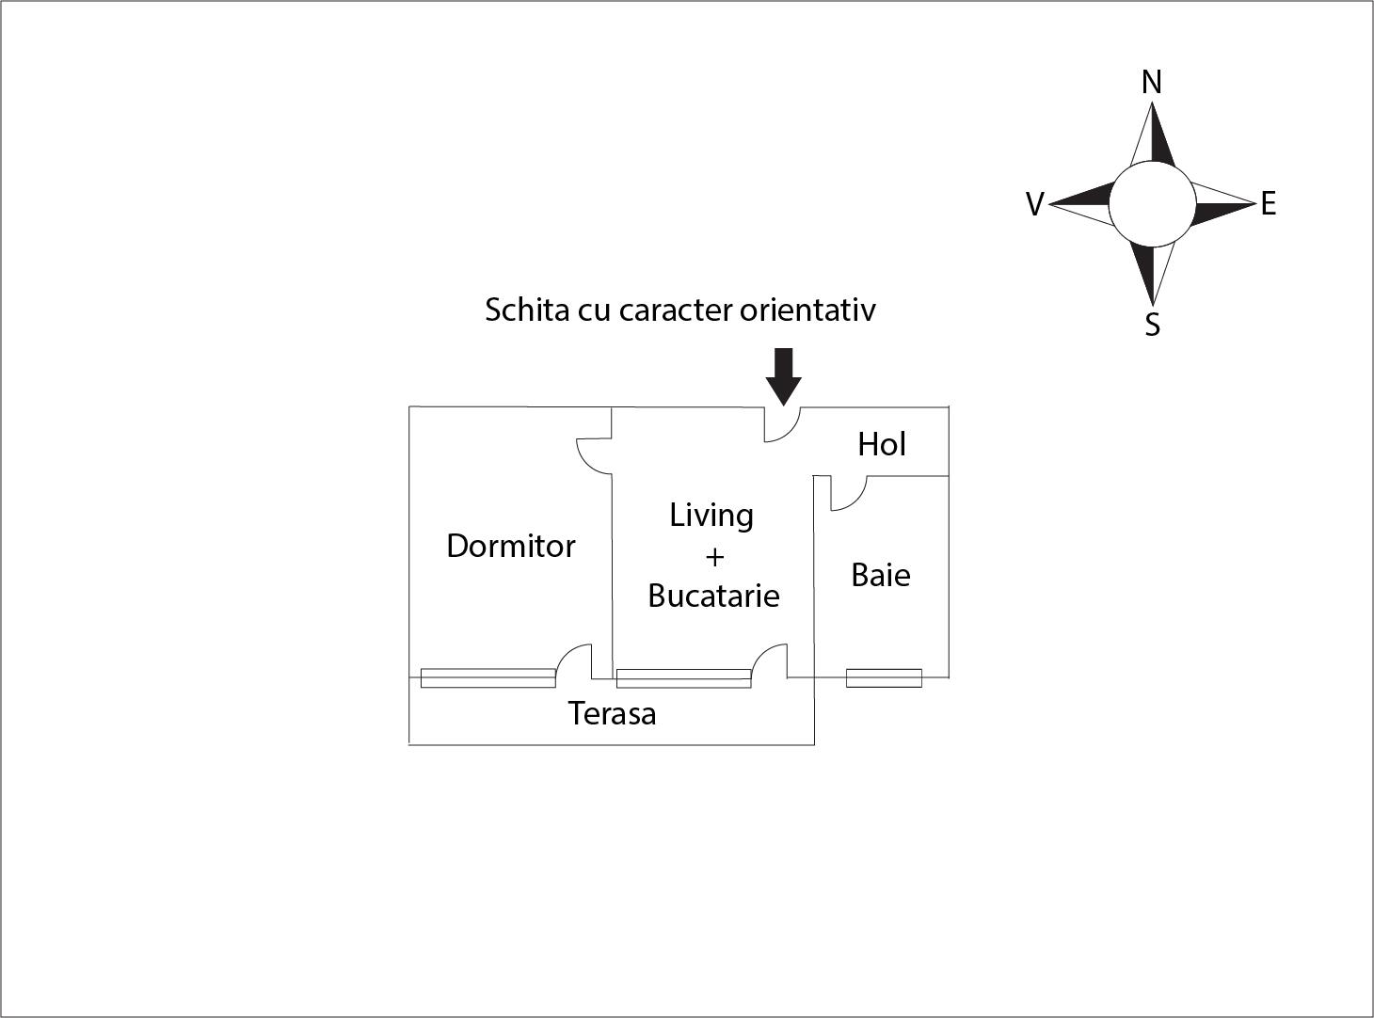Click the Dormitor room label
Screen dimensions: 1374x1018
[510, 546]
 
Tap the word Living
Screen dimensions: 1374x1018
[711, 516]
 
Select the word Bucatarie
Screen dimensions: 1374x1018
[713, 596]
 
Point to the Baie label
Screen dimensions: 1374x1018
[880, 575]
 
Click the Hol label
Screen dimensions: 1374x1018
[882, 444]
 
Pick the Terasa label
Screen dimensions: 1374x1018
[612, 713]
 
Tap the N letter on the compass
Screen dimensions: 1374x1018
[1152, 82]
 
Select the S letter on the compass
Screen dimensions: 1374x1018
[1152, 324]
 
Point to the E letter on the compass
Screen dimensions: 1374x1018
[1269, 203]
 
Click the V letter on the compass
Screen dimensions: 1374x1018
[1035, 203]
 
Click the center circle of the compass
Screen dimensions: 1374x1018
[1152, 204]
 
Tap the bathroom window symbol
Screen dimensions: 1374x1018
[884, 677]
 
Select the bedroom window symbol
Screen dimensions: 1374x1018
[488, 677]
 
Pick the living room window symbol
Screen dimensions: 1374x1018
[684, 678]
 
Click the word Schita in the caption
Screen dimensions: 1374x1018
[527, 310]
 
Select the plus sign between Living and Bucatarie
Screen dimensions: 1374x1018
[714, 558]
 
